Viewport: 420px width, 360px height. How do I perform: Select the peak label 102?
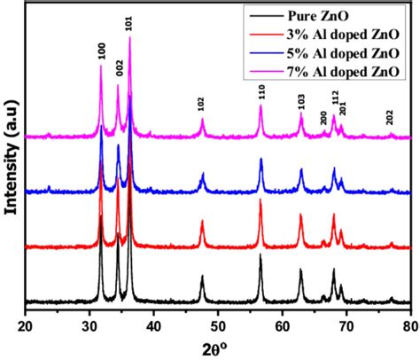[202, 105]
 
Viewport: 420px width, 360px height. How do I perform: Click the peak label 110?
[261, 90]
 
